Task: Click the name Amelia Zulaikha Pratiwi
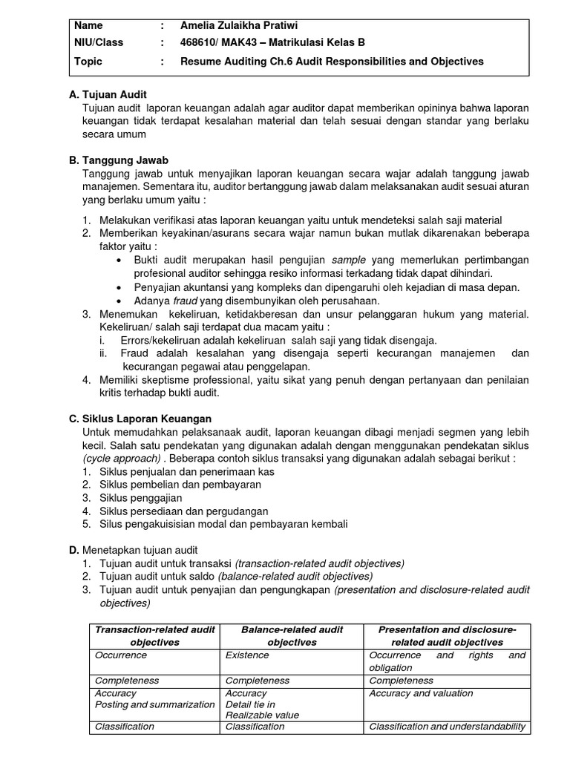tap(243, 26)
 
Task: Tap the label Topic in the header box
tap(89, 62)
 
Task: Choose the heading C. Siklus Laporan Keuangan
tap(140, 419)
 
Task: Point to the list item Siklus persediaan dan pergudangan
tap(183, 511)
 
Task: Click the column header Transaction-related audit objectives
tap(155, 636)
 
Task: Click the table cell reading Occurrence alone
tap(121, 655)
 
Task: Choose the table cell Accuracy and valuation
tap(421, 693)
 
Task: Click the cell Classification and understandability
tap(448, 727)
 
